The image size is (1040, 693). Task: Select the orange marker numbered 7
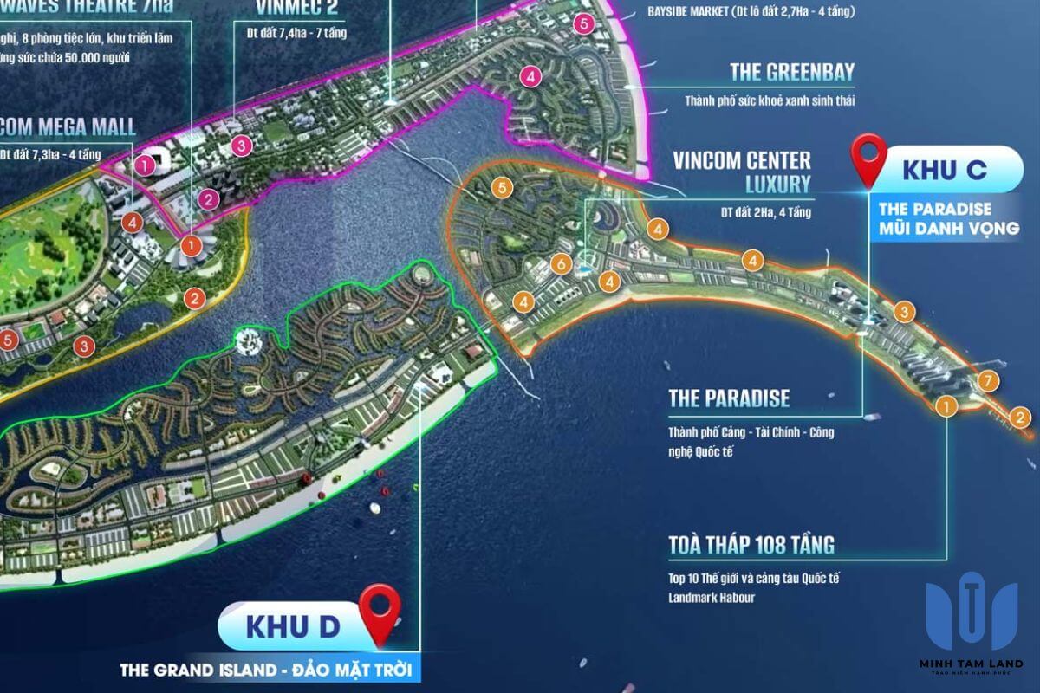[987, 381]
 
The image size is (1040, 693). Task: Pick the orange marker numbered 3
[904, 311]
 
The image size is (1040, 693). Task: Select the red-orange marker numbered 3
[83, 346]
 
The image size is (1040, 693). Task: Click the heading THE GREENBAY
[792, 72]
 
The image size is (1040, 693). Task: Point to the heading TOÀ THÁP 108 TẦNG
[751, 545]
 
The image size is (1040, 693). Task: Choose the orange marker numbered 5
[498, 186]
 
